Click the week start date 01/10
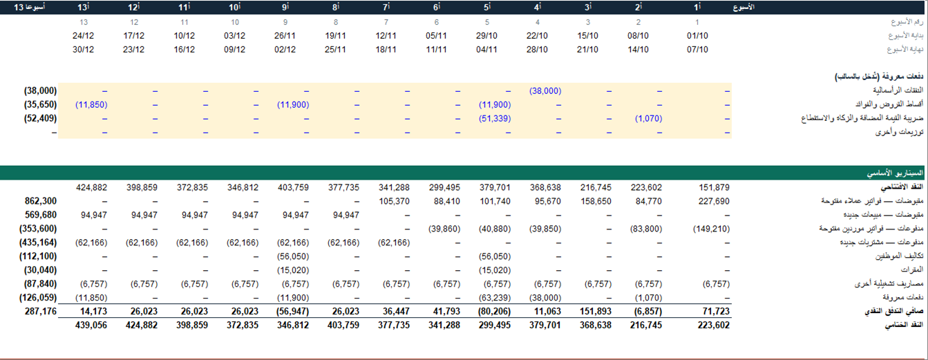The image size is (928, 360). coord(697,36)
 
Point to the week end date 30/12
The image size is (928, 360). coord(83,49)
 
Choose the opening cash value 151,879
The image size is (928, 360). coord(714,187)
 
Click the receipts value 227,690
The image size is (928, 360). coord(714,201)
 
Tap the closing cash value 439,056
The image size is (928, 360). coord(91,325)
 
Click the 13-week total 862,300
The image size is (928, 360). coord(41,201)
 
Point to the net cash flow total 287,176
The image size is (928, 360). coord(41,311)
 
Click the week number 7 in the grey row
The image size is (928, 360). coord(386,22)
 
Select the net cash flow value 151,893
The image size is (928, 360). coord(596,311)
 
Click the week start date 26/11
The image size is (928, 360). coord(285,36)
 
